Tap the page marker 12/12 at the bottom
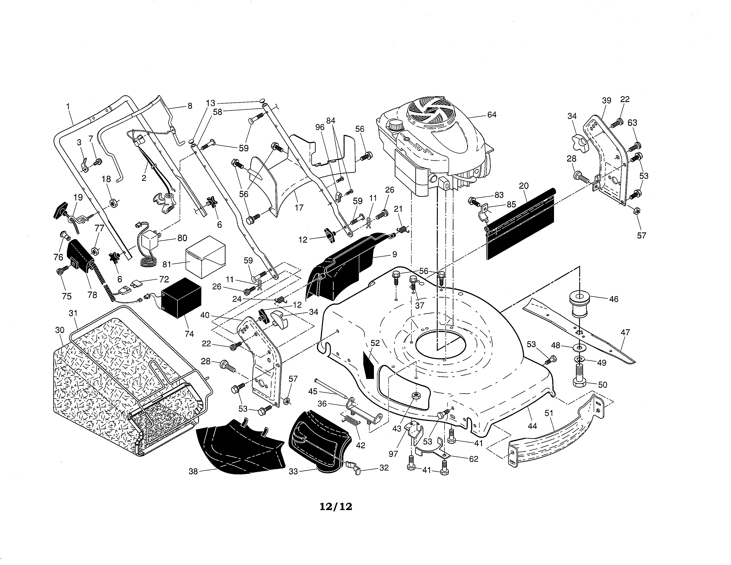tap(336, 507)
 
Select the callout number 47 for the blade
tap(625, 332)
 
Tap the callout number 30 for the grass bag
tap(60, 330)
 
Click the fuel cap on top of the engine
tap(396, 126)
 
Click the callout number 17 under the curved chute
tap(299, 208)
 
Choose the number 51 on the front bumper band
tap(549, 413)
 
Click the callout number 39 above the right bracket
tap(606, 100)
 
